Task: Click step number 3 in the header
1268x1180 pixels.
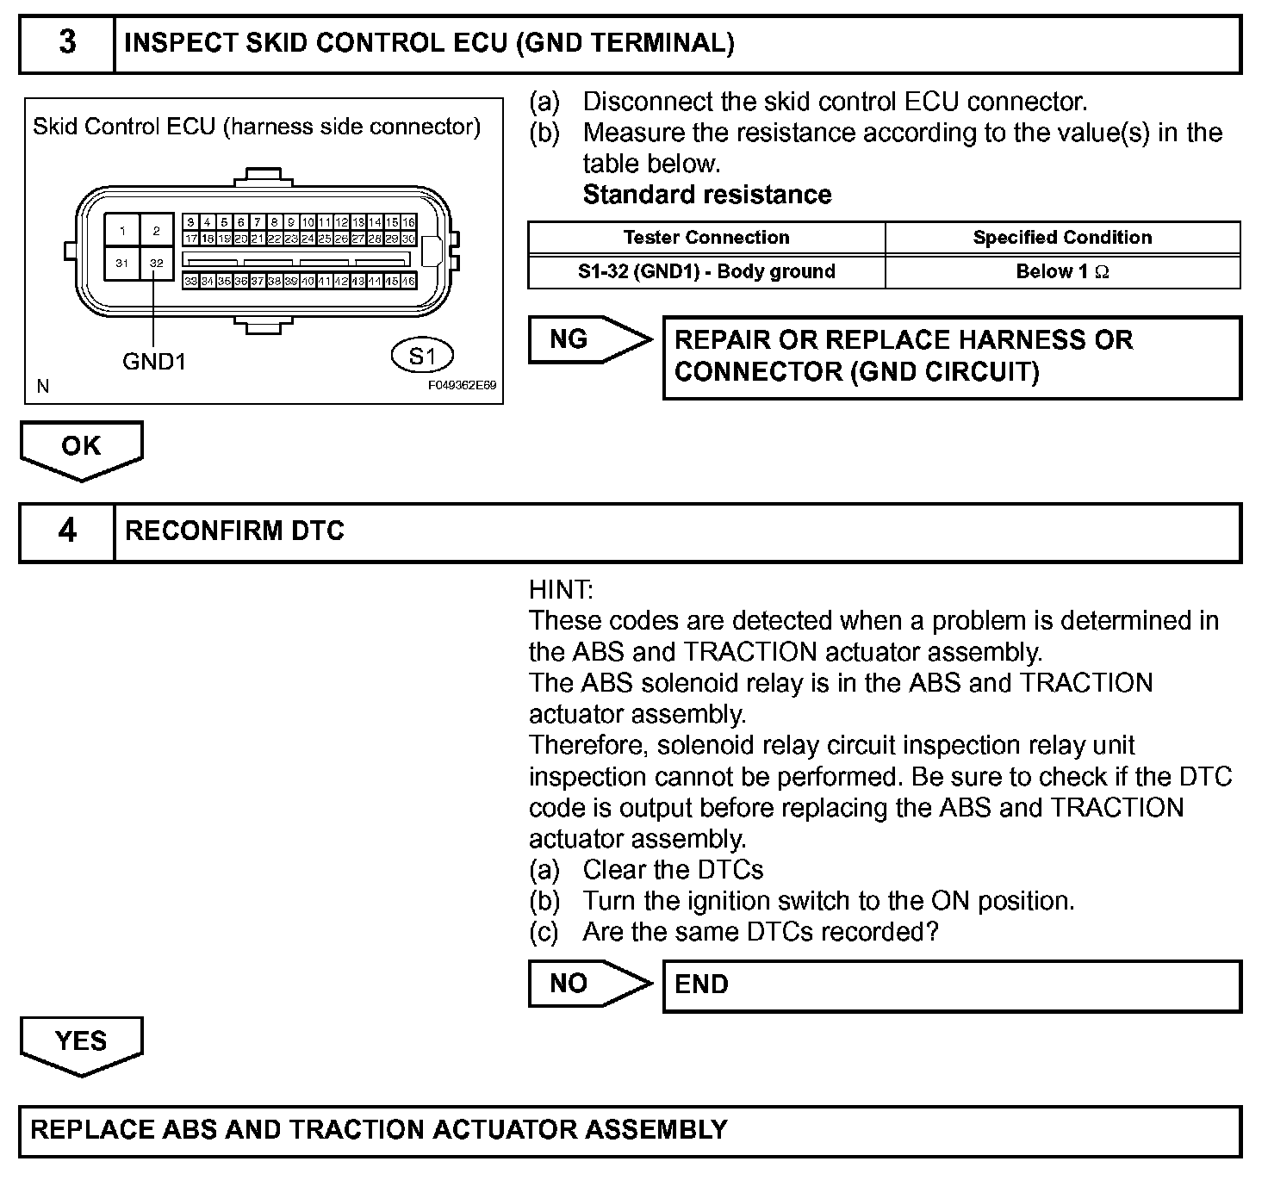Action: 66,43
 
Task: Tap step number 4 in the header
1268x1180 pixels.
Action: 66,531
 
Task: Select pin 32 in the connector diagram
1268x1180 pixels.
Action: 156,263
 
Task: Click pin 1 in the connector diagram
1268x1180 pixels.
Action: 122,230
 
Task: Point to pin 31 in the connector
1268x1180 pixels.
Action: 122,263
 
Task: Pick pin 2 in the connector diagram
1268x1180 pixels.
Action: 156,230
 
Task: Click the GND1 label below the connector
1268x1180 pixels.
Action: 154,362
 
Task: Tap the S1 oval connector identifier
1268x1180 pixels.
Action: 422,356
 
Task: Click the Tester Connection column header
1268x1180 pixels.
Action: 706,238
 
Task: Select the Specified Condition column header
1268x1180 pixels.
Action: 1062,238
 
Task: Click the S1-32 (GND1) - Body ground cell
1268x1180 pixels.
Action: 706,272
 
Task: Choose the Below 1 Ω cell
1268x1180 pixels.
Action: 1062,272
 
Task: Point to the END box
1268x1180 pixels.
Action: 952,985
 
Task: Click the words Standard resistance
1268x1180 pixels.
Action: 707,195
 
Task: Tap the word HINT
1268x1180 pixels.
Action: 561,590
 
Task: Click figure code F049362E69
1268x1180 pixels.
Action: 462,387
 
